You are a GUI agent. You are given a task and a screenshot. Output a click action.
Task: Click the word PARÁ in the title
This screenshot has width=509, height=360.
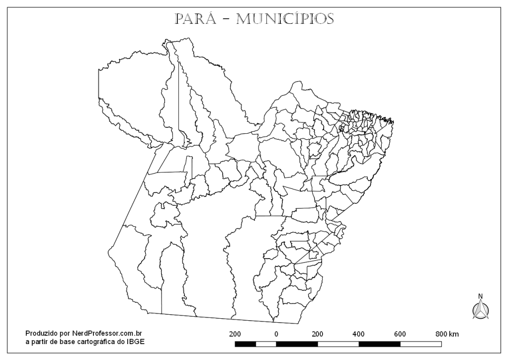click(195, 19)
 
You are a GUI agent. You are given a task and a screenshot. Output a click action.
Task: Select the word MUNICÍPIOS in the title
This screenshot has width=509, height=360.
click(285, 19)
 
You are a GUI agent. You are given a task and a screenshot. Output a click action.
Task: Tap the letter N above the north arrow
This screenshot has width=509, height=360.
click(480, 296)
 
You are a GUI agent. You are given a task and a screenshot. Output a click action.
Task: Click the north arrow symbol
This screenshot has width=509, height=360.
click(480, 310)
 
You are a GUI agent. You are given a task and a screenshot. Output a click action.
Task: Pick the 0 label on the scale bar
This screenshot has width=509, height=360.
click(276, 334)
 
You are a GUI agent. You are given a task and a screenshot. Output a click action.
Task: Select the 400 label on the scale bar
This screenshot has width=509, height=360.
click(358, 334)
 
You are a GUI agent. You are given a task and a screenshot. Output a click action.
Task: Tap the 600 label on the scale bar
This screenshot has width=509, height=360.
click(400, 334)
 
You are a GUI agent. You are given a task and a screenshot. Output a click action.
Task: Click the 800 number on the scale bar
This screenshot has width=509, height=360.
click(441, 334)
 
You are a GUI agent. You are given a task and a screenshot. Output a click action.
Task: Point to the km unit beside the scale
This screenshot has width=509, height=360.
click(454, 334)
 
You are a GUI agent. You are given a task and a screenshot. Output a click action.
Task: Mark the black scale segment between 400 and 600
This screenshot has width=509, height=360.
click(379, 344)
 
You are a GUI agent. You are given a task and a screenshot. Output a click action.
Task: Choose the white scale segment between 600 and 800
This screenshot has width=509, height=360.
click(421, 344)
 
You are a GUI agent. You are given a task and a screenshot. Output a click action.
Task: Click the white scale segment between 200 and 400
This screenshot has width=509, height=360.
click(338, 344)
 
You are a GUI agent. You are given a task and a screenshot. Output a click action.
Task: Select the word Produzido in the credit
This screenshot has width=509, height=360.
click(41, 333)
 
